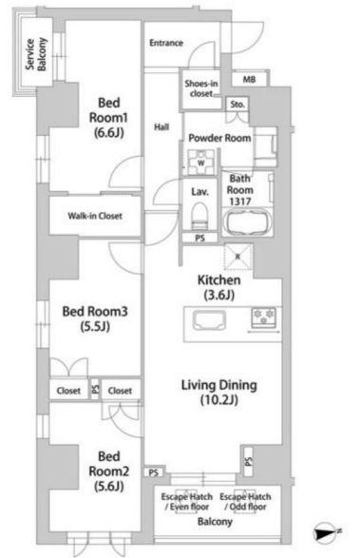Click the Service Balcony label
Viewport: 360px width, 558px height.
(36, 54)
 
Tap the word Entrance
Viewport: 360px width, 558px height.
(166, 43)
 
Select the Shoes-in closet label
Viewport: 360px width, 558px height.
(201, 88)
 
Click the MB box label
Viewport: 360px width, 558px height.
(249, 79)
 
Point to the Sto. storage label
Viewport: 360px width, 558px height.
(237, 105)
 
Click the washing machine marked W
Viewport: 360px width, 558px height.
(201, 163)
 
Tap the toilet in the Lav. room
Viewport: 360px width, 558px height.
(199, 216)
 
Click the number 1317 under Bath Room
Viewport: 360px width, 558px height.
(240, 202)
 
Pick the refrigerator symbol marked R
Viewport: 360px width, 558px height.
(238, 257)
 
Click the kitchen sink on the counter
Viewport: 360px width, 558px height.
(209, 320)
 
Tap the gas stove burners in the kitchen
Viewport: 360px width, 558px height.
(264, 317)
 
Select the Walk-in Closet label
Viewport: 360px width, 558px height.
(95, 216)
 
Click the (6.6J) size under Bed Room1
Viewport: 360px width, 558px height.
(109, 133)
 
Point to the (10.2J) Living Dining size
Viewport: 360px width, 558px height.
(219, 400)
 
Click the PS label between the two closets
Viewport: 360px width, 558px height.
(95, 389)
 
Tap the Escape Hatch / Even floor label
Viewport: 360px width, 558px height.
(187, 501)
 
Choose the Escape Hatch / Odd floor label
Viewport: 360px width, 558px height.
(245, 501)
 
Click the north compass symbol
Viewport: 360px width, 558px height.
(326, 532)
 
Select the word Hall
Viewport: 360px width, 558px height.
(161, 126)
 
